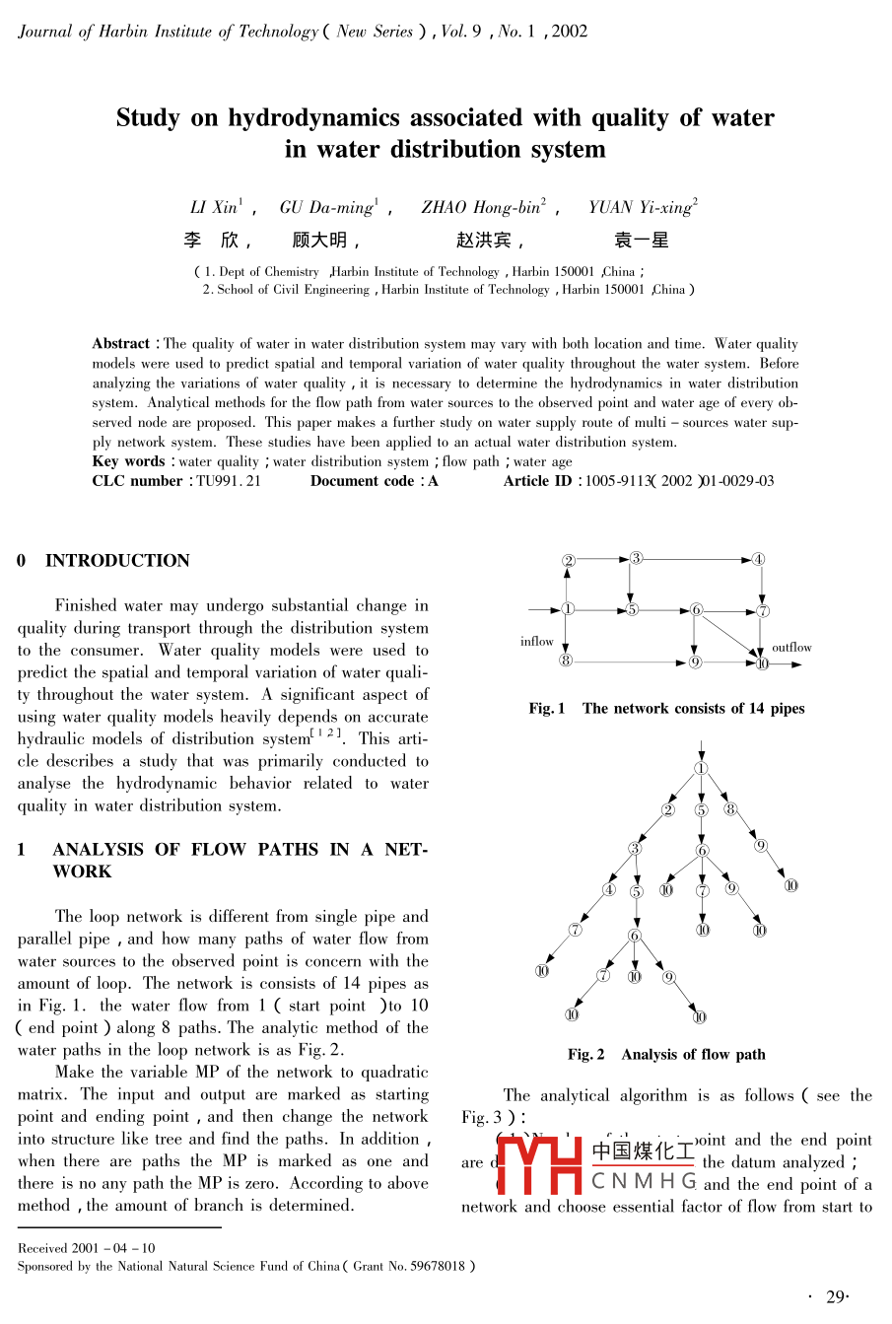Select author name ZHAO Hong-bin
482,207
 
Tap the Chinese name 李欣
212,240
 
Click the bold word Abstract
121,344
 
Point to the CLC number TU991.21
229,481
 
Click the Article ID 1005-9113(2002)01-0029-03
679,481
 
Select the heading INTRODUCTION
117,561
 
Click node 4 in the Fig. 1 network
758,559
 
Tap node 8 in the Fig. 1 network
566,661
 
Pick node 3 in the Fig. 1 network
636,558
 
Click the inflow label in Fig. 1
537,642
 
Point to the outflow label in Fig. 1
791,648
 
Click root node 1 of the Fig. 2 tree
700,768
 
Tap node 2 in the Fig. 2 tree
668,810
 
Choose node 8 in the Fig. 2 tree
730,809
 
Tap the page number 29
837,1296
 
